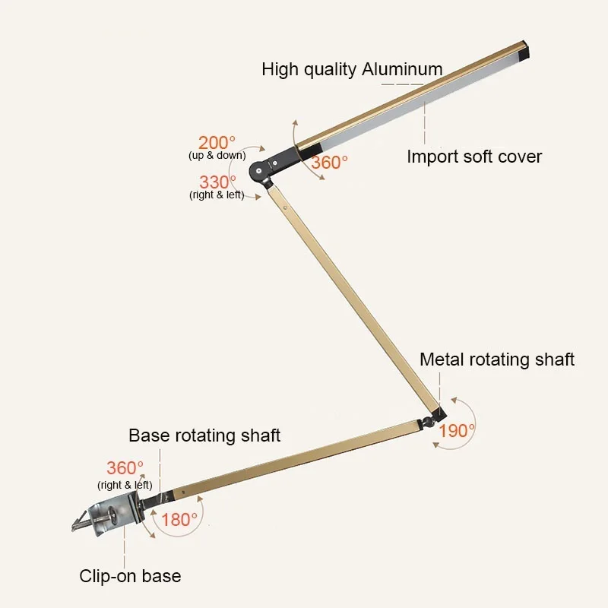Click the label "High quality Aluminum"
(x=352, y=69)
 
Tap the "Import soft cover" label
(x=474, y=157)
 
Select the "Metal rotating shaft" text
(x=497, y=359)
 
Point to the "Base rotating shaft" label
(x=204, y=435)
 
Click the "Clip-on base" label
(x=130, y=575)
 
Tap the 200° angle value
(x=217, y=142)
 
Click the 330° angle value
(x=217, y=182)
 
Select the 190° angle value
(x=457, y=430)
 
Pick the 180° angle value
(x=179, y=520)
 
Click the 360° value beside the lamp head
(x=329, y=162)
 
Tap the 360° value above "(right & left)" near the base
(x=125, y=468)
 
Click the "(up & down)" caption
(x=217, y=156)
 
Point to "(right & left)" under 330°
(x=217, y=195)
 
